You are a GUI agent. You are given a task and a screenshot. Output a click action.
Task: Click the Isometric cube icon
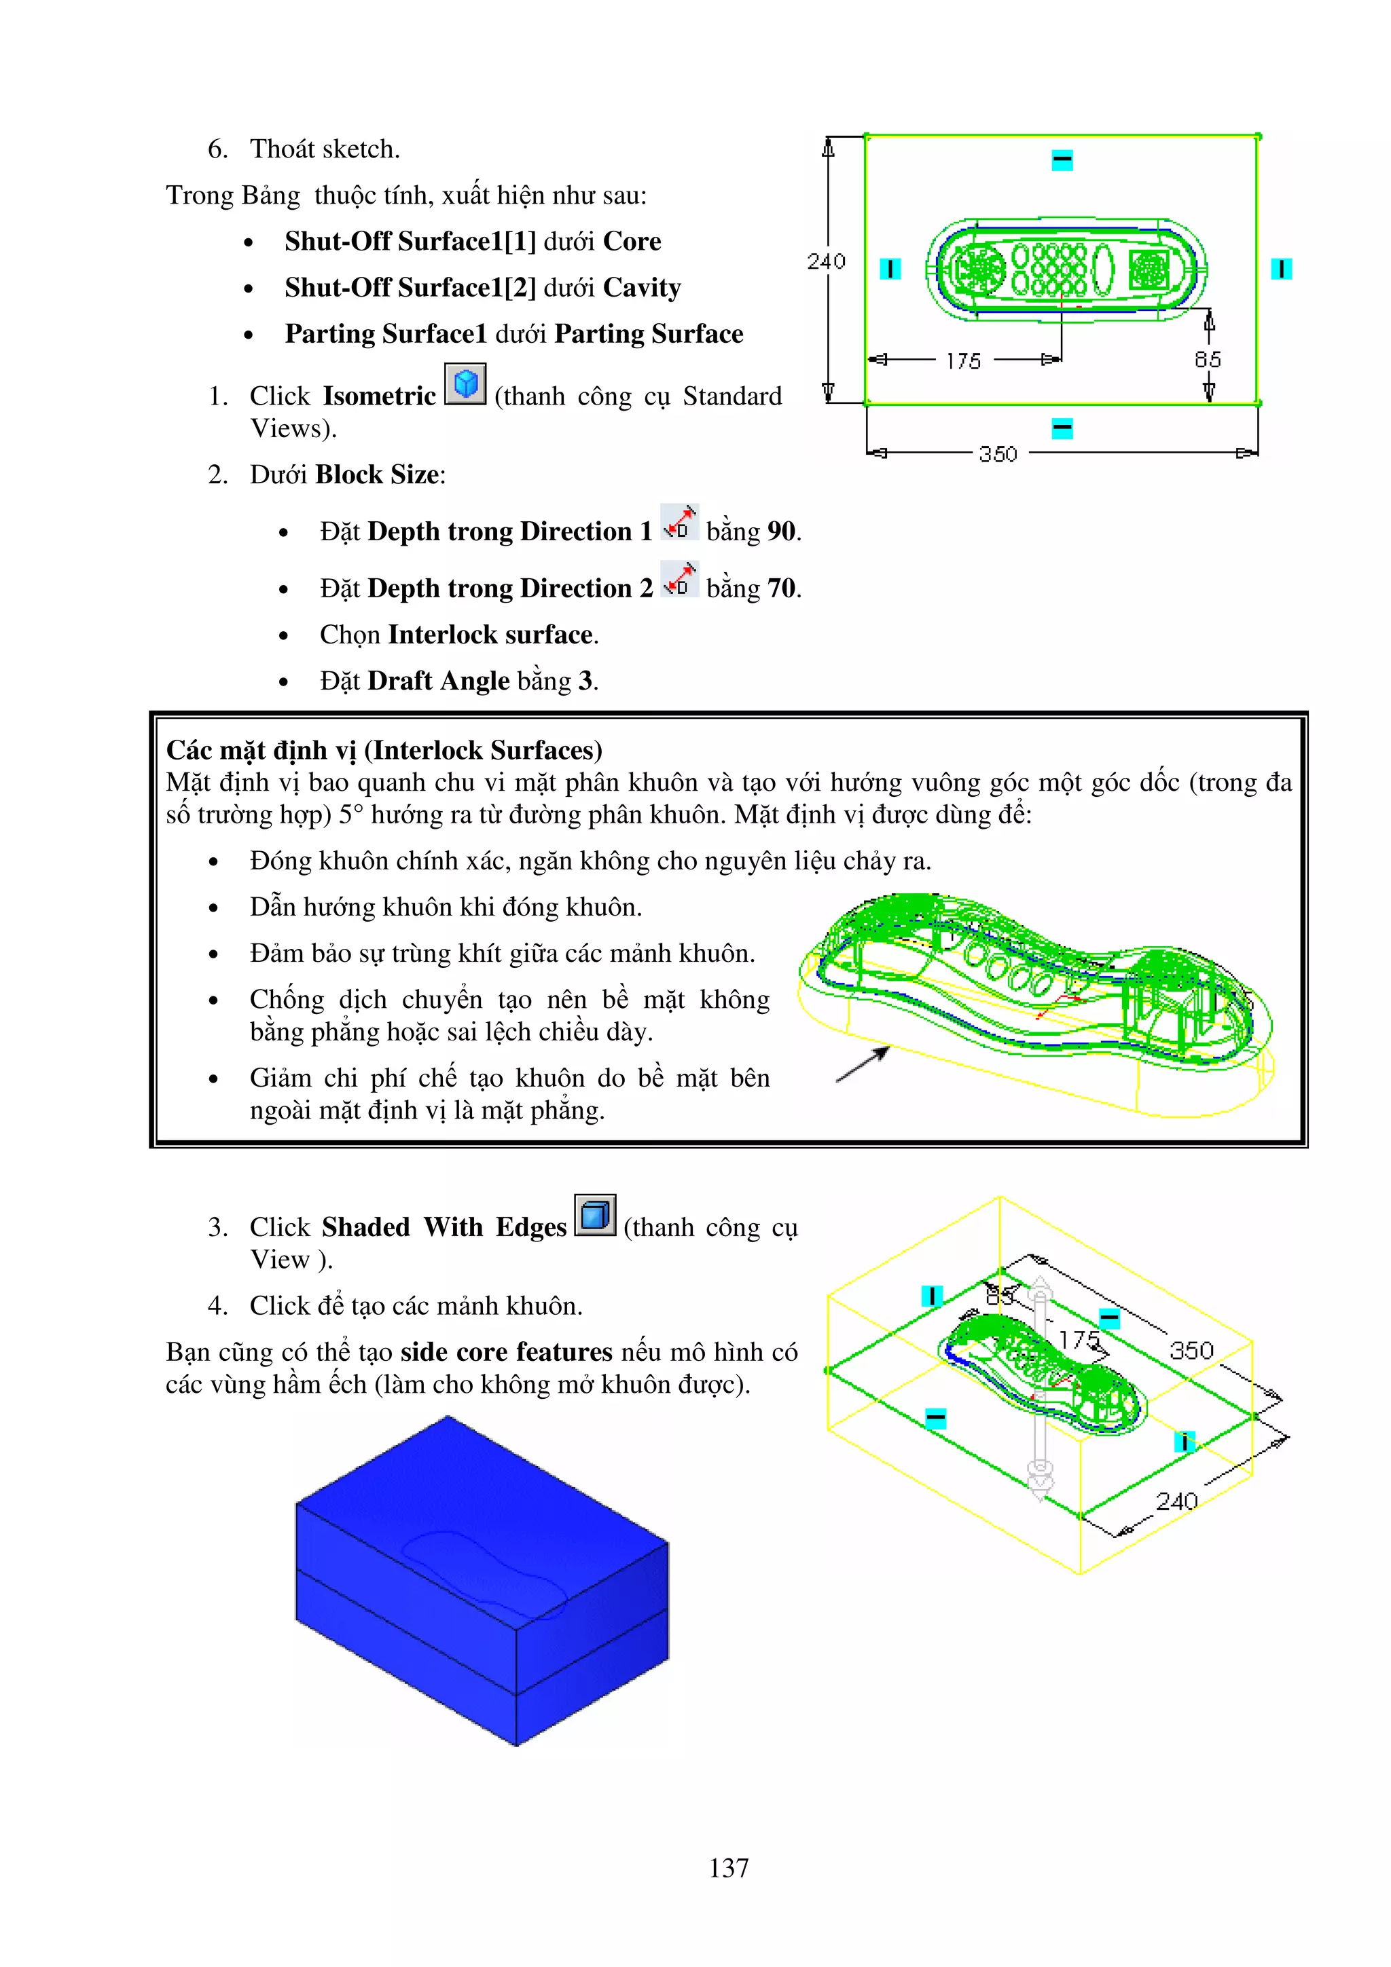pyautogui.click(x=465, y=383)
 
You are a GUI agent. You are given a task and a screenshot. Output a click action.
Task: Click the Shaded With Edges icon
pyautogui.click(x=595, y=1215)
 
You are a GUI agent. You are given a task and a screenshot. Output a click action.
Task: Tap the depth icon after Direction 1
pyautogui.click(x=679, y=523)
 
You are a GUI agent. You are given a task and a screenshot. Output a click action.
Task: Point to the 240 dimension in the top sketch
pyautogui.click(x=826, y=261)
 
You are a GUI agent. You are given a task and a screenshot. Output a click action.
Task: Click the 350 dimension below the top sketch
pyautogui.click(x=998, y=454)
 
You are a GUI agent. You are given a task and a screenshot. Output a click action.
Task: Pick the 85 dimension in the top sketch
pyautogui.click(x=1208, y=360)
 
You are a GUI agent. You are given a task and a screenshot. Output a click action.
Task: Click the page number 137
pyautogui.click(x=729, y=1868)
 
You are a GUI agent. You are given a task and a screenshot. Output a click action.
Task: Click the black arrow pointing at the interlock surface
pyautogui.click(x=862, y=1064)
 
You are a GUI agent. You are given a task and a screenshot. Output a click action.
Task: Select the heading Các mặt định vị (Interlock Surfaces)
pyautogui.click(x=384, y=751)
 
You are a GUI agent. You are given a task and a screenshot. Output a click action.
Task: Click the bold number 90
pyautogui.click(x=781, y=532)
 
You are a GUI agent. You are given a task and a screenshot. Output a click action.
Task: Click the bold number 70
pyautogui.click(x=781, y=588)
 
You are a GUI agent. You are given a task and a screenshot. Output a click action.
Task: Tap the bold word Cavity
pyautogui.click(x=642, y=288)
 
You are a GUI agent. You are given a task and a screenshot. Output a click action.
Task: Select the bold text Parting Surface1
pyautogui.click(x=386, y=334)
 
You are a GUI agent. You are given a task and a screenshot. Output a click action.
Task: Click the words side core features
pyautogui.click(x=505, y=1352)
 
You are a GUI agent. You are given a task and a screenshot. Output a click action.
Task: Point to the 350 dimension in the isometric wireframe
pyautogui.click(x=1191, y=1351)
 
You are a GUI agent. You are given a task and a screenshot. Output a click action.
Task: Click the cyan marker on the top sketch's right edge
pyautogui.click(x=1280, y=269)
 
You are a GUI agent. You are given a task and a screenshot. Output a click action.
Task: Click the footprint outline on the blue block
pyautogui.click(x=484, y=1572)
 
